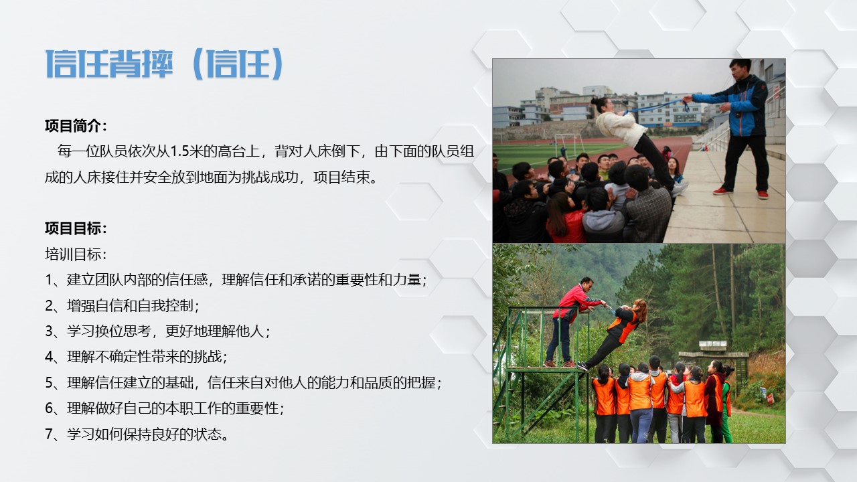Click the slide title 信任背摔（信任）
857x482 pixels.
pos(165,64)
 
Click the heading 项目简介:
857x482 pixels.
pos(76,126)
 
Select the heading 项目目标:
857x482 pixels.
pos(76,228)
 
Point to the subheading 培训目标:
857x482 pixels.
pos(76,254)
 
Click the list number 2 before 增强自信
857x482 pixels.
pos(49,306)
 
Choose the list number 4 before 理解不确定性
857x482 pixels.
pos(49,357)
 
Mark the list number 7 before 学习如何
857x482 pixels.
pos(49,434)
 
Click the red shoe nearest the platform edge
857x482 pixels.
pos(721,191)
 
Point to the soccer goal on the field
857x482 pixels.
pos(570,143)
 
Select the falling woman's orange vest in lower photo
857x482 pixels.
pos(623,325)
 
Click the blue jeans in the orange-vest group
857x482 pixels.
pos(641,425)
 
